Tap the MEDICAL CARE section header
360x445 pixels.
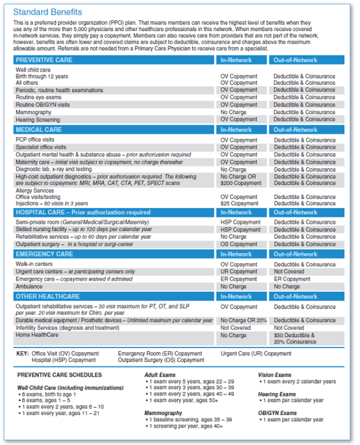(x=38, y=130)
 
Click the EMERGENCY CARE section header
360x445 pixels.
(x=45, y=254)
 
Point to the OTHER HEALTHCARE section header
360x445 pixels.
(x=48, y=296)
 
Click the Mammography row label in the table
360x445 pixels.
(x=34, y=112)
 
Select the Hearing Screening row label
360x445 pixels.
(x=38, y=119)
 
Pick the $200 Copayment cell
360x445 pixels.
(x=241, y=183)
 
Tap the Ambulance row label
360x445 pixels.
(x=29, y=287)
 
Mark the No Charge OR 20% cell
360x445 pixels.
(x=243, y=320)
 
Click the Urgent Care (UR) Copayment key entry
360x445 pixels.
(x=256, y=353)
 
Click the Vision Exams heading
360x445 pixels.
(x=276, y=375)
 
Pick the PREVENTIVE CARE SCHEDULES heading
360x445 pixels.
(x=59, y=375)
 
